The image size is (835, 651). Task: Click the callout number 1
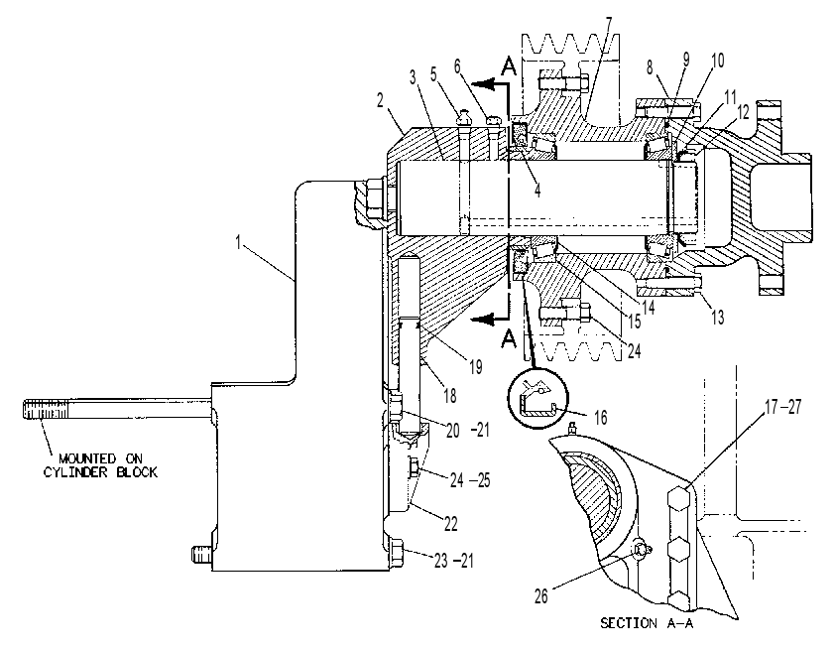[239, 242]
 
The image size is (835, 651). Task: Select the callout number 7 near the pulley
[609, 24]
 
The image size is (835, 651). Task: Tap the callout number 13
[717, 317]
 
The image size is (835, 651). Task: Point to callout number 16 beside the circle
[600, 417]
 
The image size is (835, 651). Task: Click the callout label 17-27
[782, 407]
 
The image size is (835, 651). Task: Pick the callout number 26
[541, 596]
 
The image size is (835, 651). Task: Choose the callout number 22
[450, 524]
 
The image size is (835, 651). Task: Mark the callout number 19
[475, 366]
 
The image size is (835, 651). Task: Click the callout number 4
[537, 191]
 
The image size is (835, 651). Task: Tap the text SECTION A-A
[647, 623]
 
